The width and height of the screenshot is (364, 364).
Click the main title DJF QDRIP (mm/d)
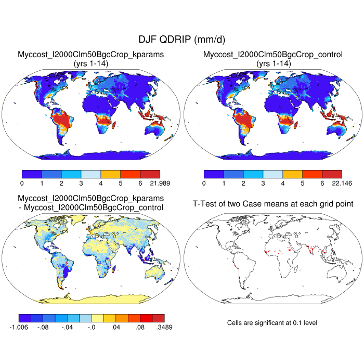[x=181, y=40]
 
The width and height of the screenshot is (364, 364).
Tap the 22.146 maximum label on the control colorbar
[x=342, y=184]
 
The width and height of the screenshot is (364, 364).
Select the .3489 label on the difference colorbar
[x=163, y=327]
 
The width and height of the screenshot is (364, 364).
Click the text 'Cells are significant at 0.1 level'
[x=272, y=323]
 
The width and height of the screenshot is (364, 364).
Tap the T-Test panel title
[x=273, y=203]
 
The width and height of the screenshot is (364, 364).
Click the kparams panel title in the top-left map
[x=91, y=55]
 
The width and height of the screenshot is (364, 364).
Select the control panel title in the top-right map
[x=273, y=55]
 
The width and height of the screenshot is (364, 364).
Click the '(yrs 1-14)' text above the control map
[x=273, y=63]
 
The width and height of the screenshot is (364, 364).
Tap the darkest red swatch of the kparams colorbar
[x=150, y=174]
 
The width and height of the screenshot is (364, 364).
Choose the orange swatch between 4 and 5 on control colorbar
[x=292, y=174]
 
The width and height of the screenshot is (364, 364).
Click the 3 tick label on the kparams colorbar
[x=81, y=184]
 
